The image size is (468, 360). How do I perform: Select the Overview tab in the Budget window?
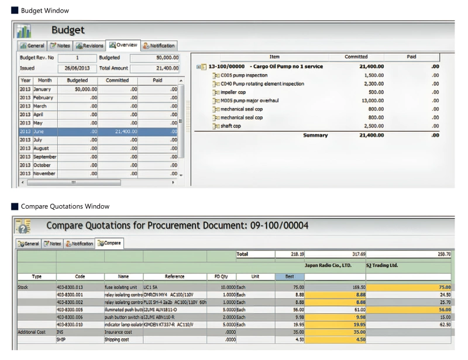(122, 45)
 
